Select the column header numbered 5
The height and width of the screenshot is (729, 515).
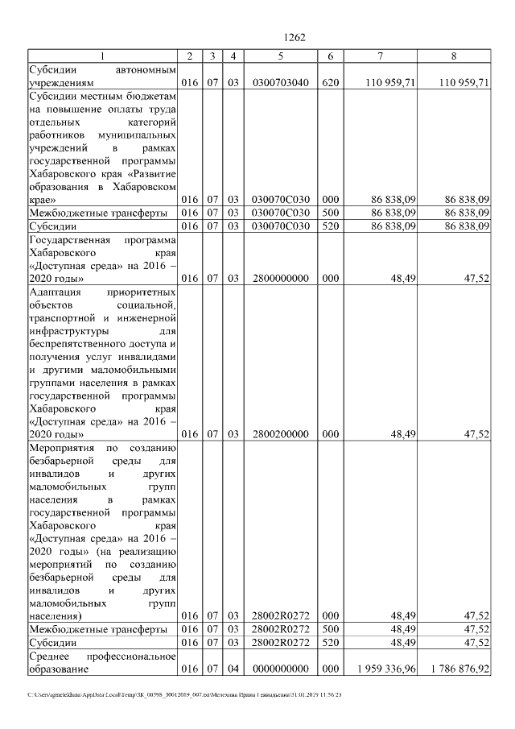(280, 56)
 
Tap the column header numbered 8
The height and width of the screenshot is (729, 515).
(454, 56)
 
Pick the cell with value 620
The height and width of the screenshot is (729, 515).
(330, 82)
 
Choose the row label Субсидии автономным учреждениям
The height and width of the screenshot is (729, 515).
(102, 76)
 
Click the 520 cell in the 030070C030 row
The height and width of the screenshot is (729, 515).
(330, 227)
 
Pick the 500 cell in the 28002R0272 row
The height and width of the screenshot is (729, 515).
(330, 628)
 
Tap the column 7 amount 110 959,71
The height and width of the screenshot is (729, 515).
(389, 82)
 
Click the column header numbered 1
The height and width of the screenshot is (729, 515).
(102, 56)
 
